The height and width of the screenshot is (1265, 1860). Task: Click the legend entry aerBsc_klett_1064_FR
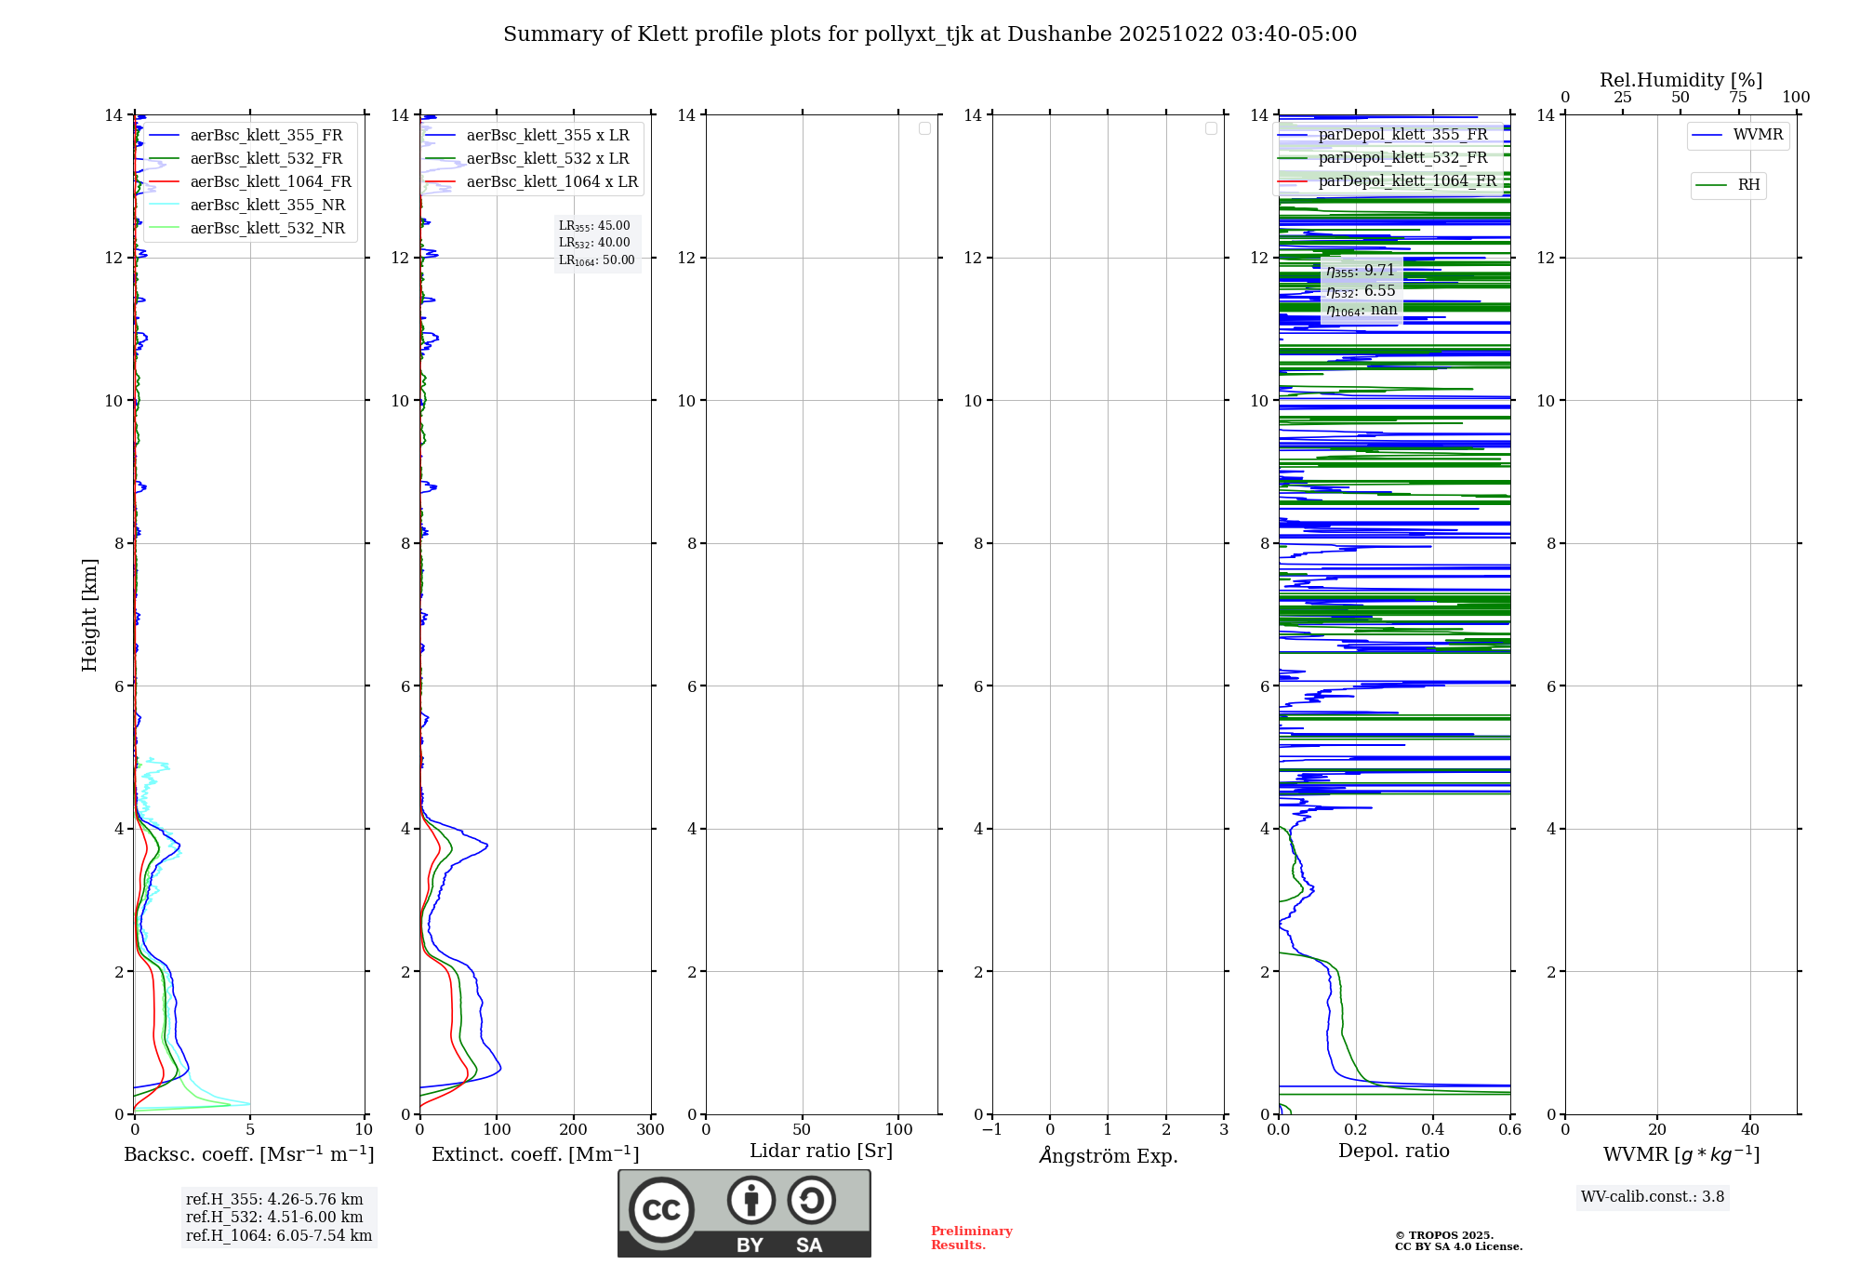pyautogui.click(x=270, y=182)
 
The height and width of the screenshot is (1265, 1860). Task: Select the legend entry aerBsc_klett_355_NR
pyautogui.click(x=267, y=206)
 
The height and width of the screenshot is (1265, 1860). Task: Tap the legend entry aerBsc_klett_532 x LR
pyautogui.click(x=547, y=159)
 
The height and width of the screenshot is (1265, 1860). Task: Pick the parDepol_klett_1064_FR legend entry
pyautogui.click(x=1406, y=181)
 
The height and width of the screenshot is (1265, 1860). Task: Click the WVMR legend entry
pyautogui.click(x=1757, y=135)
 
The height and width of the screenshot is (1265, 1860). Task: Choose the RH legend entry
pyautogui.click(x=1748, y=185)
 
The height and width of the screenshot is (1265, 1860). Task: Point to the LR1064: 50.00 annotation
pyautogui.click(x=597, y=260)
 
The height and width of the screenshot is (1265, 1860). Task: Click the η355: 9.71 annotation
pyautogui.click(x=1361, y=271)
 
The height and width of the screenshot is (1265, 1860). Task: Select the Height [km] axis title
pyautogui.click(x=89, y=614)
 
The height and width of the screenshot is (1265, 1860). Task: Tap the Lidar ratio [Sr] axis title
pyautogui.click(x=821, y=1152)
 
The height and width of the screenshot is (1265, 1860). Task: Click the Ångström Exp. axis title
pyautogui.click(x=1108, y=1156)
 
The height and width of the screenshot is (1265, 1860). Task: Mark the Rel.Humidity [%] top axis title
pyautogui.click(x=1681, y=80)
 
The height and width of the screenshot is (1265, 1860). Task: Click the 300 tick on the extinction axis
pyautogui.click(x=650, y=1130)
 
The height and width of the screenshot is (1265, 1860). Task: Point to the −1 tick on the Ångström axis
pyautogui.click(x=992, y=1130)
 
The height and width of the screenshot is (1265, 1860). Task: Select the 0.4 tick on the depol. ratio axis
pyautogui.click(x=1433, y=1130)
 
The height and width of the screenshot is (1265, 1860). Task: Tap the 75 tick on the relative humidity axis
pyautogui.click(x=1738, y=98)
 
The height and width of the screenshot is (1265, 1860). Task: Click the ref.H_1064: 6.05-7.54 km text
pyautogui.click(x=279, y=1236)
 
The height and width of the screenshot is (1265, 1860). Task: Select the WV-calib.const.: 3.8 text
pyautogui.click(x=1653, y=1197)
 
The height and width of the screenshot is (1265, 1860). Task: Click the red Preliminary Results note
pyautogui.click(x=971, y=1238)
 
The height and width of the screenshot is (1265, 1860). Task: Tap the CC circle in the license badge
pyautogui.click(x=661, y=1210)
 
